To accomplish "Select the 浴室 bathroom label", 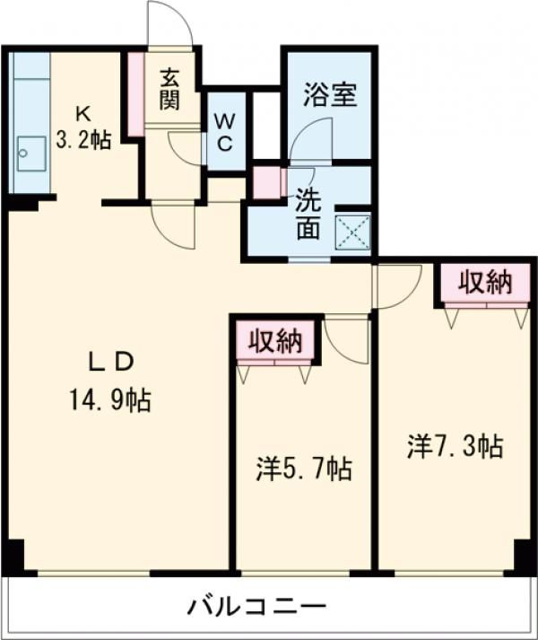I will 331,94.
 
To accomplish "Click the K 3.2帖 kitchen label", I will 82,127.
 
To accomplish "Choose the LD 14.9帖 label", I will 111,381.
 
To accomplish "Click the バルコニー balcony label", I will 256,606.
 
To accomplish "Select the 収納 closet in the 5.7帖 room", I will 274,340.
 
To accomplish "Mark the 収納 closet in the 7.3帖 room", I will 485,283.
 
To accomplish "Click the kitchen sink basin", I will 30,154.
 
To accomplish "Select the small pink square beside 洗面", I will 266,182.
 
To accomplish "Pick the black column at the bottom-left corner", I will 13,556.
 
